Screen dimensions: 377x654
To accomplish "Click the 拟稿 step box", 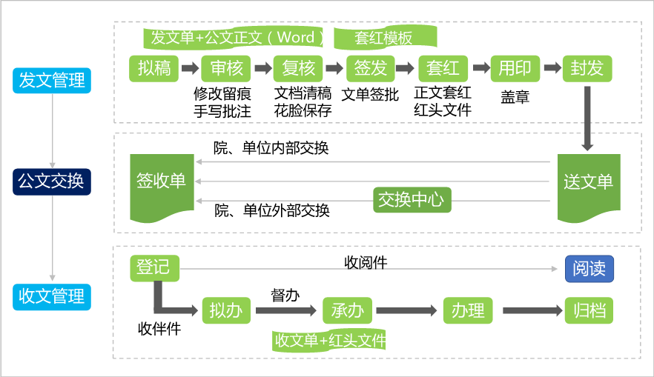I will [x=154, y=68].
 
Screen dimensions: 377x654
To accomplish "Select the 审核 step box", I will [x=226, y=68].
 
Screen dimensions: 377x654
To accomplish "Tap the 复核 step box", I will [x=299, y=68].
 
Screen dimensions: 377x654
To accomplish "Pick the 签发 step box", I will [x=371, y=68].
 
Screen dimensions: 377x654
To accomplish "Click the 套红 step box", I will [x=443, y=68].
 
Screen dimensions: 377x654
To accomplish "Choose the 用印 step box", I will [x=515, y=68].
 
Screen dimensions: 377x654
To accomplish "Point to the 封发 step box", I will [x=587, y=68].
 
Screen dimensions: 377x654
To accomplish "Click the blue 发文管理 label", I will [x=52, y=81].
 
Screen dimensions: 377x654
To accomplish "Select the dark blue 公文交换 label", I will [x=51, y=181].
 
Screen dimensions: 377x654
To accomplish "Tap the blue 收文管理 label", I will [x=52, y=296].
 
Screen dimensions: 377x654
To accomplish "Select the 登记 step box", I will [x=154, y=267].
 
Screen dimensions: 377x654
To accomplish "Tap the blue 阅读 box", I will [x=589, y=268].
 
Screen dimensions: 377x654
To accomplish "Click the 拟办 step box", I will [x=226, y=310].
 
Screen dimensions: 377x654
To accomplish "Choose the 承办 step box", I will [x=347, y=310].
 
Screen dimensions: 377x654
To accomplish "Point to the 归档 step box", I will [x=589, y=310].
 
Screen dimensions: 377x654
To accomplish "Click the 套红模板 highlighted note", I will [x=384, y=38].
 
